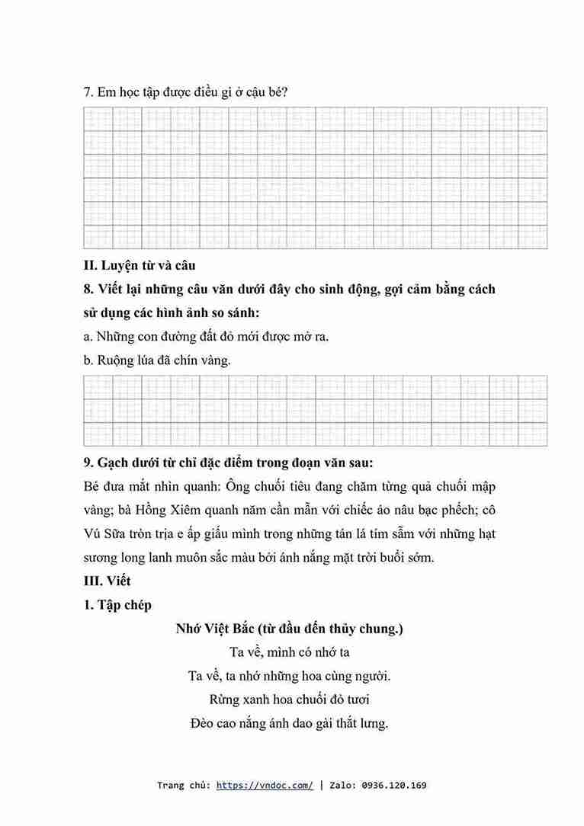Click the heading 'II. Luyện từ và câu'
click(x=140, y=265)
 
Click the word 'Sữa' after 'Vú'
click(x=119, y=533)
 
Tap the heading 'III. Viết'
click(x=107, y=581)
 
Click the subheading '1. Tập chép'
click(x=118, y=605)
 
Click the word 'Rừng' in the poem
click(x=225, y=699)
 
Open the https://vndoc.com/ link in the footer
click(x=265, y=786)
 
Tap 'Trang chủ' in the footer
click(x=182, y=786)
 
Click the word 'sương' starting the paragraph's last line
click(x=101, y=557)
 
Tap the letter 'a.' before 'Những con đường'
click(x=88, y=336)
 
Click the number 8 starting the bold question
click(x=88, y=290)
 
